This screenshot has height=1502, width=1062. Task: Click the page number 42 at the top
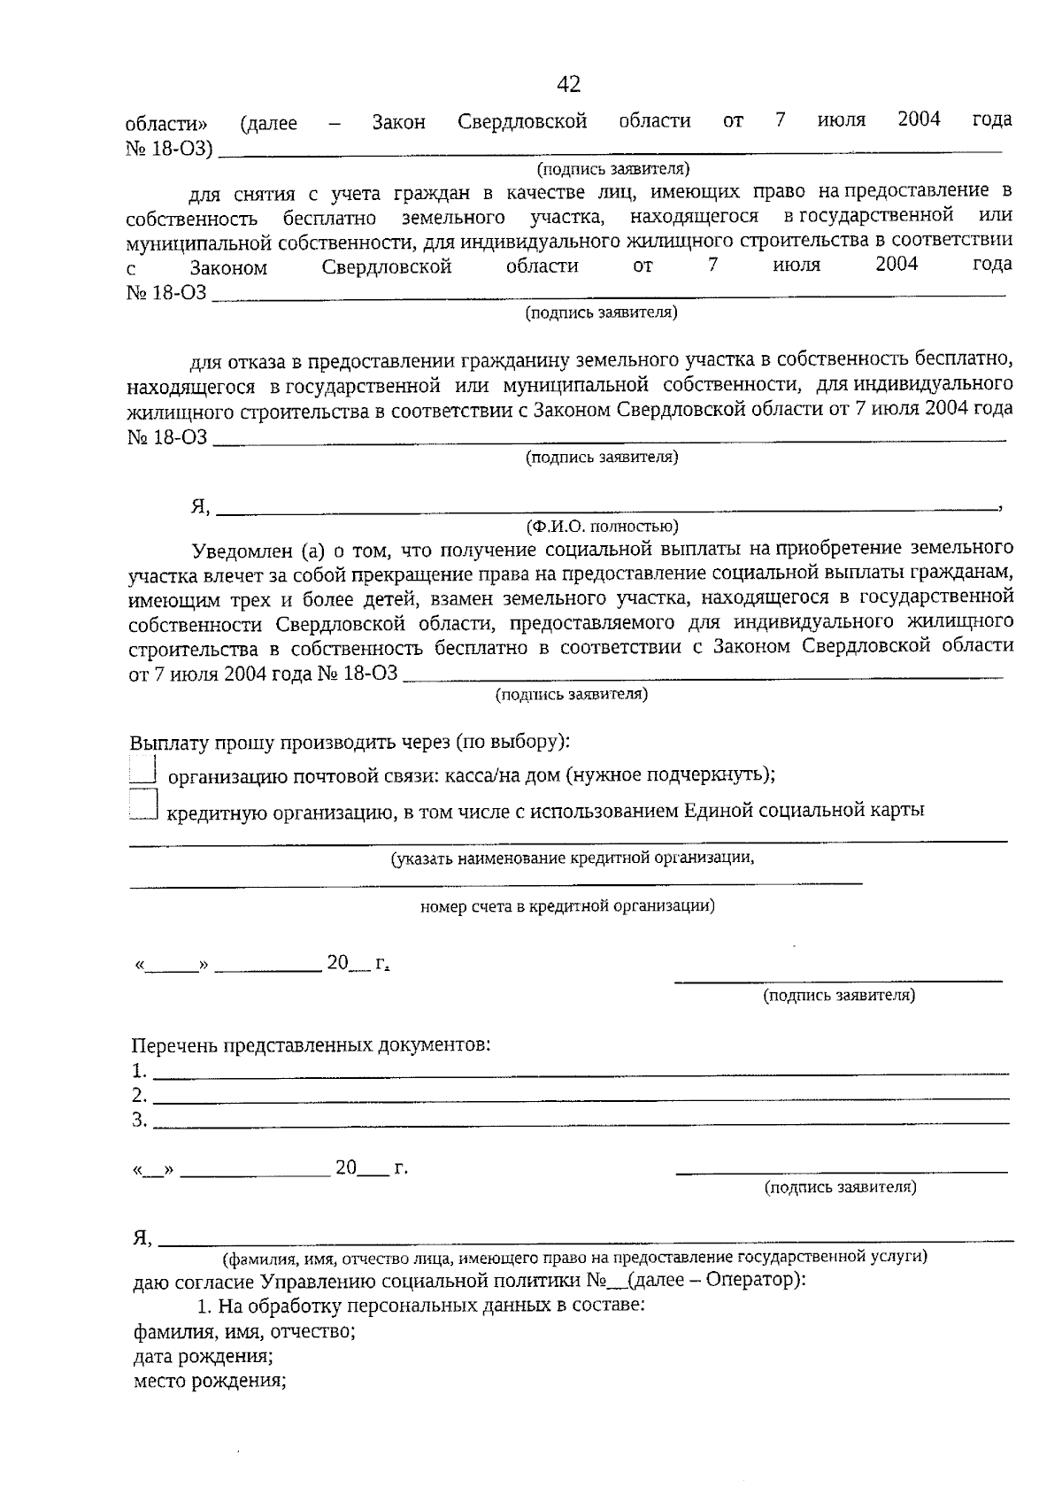[569, 84]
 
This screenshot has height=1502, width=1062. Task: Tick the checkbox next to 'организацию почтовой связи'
[142, 768]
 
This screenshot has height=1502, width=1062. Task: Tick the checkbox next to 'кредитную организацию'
[142, 805]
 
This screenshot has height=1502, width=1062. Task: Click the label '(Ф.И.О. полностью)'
[602, 527]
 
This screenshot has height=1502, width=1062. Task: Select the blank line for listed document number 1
[580, 1074]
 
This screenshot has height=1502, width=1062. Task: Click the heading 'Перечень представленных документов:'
[311, 1045]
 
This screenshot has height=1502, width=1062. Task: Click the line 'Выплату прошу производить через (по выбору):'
[350, 742]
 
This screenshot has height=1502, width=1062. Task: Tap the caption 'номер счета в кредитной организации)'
[567, 905]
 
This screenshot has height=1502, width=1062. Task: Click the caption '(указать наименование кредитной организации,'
[573, 858]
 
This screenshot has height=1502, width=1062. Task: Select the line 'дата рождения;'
[203, 1356]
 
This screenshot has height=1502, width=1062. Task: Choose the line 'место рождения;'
[209, 1381]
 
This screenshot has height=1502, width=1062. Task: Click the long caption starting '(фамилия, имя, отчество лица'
[575, 1257]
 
